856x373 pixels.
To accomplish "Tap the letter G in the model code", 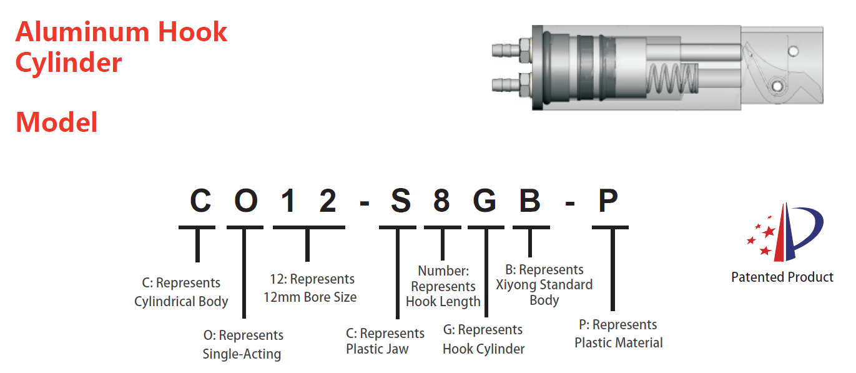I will coord(486,201).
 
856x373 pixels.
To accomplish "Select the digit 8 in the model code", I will coord(441,201).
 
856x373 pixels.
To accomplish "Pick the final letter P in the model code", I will coord(608,201).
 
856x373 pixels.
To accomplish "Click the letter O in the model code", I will coord(245,201).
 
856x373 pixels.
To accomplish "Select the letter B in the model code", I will coord(531,201).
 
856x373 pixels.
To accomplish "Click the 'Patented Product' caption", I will coord(782,277).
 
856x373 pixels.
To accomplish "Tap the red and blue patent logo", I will coord(785,232).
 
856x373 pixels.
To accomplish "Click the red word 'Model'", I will coord(57,122).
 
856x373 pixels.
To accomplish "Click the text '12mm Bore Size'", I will coord(310,297).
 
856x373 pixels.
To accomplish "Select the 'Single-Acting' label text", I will coord(242,354).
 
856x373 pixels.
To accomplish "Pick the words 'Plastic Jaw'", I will coord(377,349).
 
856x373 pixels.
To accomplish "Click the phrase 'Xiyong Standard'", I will coord(544,285).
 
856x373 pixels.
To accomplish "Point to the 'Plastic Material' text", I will coord(618,342).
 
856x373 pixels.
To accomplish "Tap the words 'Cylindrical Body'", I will coord(181,301).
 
